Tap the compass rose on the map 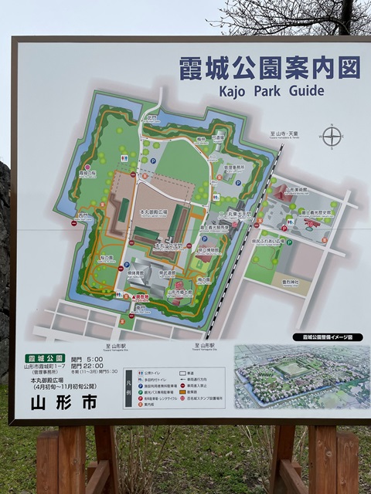click(x=332, y=137)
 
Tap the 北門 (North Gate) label click(x=152, y=119)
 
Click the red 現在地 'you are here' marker click(x=140, y=296)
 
